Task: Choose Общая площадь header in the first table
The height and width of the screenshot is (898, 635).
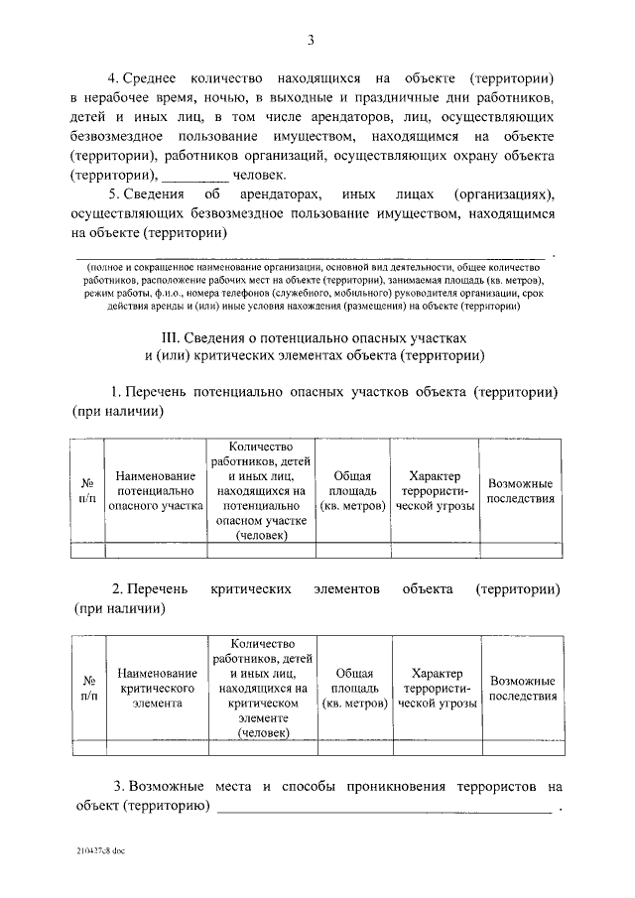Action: (353, 490)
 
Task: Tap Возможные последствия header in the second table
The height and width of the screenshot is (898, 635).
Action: (521, 690)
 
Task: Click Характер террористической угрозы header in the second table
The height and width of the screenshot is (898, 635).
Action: (436, 690)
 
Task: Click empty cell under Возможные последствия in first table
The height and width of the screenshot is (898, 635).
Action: (521, 550)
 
